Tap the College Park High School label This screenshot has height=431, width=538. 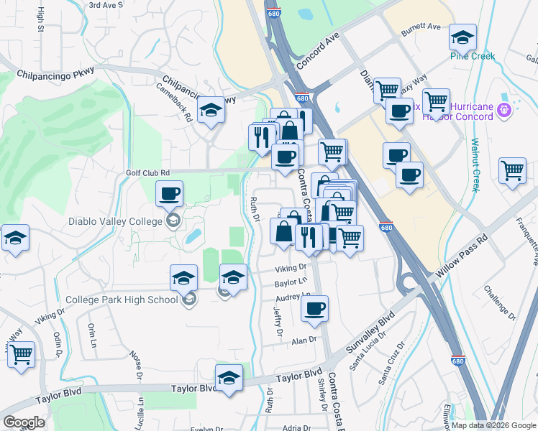click(x=122, y=300)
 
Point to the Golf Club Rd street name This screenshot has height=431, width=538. click(x=148, y=172)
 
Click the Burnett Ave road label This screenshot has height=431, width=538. click(x=421, y=27)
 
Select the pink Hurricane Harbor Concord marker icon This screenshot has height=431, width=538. click(x=504, y=109)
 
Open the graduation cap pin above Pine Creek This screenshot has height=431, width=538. click(x=463, y=37)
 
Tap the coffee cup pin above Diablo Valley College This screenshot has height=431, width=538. click(x=169, y=193)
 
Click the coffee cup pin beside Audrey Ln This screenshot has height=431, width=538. click(x=314, y=308)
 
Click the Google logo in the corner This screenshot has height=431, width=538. click(x=24, y=422)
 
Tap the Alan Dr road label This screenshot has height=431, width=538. click(x=304, y=340)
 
